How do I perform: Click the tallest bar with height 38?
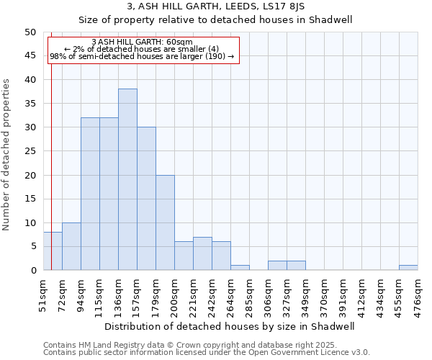127,179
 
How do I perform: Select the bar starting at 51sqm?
53,251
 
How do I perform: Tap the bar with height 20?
165,222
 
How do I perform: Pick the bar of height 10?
71,246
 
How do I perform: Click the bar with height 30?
146,199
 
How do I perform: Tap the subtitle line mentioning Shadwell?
215,19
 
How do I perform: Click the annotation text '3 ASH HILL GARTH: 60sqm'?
143,42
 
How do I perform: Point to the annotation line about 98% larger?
143,56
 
